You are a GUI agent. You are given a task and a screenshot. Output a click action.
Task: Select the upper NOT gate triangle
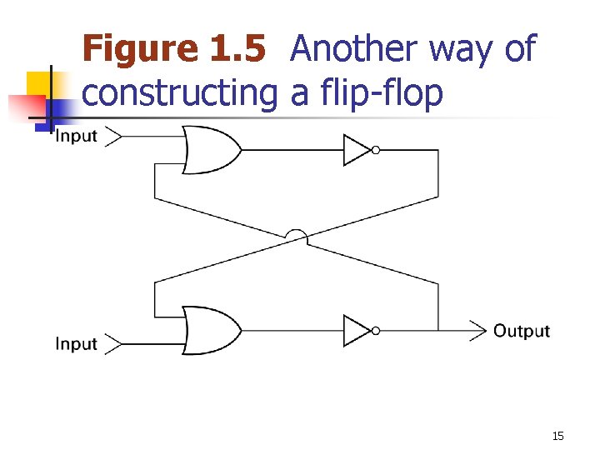(x=356, y=150)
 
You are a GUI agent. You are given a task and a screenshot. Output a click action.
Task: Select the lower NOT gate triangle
(x=356, y=330)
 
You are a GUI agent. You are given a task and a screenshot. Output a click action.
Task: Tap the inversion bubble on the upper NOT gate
(x=376, y=150)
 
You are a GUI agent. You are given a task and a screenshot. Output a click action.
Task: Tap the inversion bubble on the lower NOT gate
(x=376, y=330)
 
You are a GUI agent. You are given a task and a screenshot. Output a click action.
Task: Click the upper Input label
(x=76, y=136)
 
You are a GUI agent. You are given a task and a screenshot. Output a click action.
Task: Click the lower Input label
(x=76, y=343)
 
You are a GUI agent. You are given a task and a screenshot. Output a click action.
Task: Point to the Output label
(x=522, y=331)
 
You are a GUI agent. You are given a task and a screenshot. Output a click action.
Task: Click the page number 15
(x=557, y=436)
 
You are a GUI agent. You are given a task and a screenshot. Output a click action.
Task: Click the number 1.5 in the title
(x=237, y=49)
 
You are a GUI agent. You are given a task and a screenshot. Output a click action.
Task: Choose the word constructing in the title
(x=179, y=93)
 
